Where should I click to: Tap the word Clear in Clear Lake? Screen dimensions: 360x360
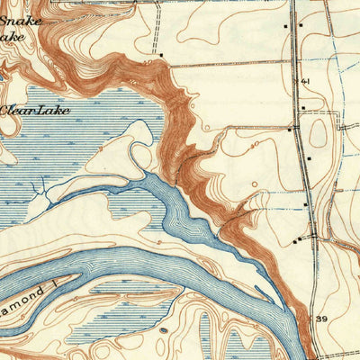(17, 111)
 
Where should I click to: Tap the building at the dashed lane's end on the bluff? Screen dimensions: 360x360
(161, 55)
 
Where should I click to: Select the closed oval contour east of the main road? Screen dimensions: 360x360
(319, 133)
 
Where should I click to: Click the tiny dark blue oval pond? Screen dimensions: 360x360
(161, 330)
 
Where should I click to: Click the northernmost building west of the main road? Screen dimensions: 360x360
(287, 27)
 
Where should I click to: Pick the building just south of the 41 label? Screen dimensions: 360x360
(303, 108)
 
